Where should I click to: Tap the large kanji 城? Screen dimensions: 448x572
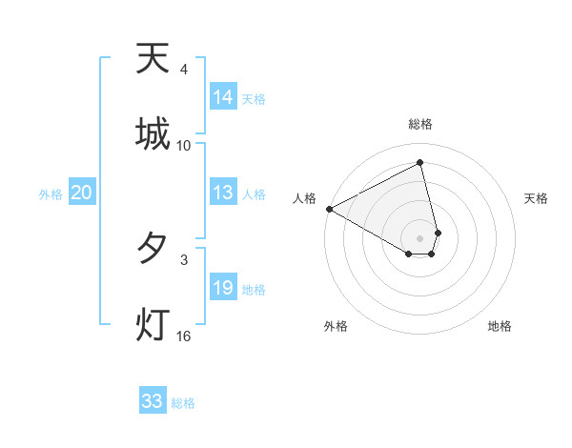coord(153,133)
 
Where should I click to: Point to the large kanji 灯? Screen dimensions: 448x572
coord(153,324)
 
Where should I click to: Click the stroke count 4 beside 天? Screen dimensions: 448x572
coord(183,70)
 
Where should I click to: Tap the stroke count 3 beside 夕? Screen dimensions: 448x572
coord(183,259)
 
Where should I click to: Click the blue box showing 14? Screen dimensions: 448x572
coord(223,97)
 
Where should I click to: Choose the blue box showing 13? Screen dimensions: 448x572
coord(223,193)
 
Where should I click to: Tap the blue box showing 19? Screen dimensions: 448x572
coord(223,288)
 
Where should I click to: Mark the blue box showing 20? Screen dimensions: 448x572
coord(81,193)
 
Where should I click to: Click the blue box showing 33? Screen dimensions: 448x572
coord(153,401)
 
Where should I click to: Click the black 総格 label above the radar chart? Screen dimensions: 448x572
coord(420,124)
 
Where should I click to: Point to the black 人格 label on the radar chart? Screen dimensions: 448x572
coord(304,198)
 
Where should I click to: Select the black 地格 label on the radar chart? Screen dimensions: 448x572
coord(500,326)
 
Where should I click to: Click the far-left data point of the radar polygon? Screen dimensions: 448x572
coord(329,209)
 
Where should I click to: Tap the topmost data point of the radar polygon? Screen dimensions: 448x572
coord(420,163)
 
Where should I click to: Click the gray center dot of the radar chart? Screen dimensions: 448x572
coord(420,237)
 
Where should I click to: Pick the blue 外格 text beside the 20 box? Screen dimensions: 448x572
coord(51,194)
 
